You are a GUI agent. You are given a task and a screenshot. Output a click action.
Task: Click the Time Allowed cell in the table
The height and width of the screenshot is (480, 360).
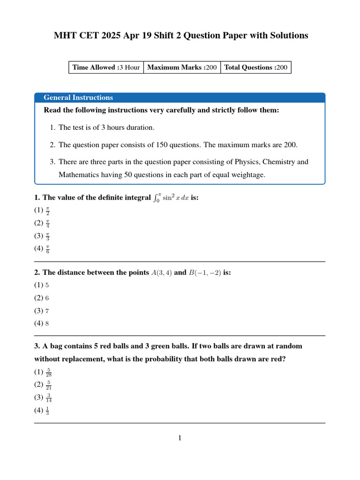point(106,67)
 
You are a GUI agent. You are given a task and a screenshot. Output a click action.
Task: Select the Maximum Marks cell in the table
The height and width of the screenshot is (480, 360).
point(182,67)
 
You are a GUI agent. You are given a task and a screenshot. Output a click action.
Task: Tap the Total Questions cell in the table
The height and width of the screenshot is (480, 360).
point(255,67)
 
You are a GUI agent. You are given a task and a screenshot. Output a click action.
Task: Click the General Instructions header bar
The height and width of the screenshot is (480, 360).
point(180,97)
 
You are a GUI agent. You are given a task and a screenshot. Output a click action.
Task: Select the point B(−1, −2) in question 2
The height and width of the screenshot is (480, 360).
point(205,272)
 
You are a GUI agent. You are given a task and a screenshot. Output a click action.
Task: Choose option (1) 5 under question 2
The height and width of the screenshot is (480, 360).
point(42,285)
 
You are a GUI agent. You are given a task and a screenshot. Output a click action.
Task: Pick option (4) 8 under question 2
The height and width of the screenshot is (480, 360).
point(42,323)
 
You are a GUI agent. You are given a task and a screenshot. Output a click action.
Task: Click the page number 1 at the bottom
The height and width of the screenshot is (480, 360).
point(180,438)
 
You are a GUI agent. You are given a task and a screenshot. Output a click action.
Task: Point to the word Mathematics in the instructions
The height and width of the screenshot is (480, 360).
point(78,175)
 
